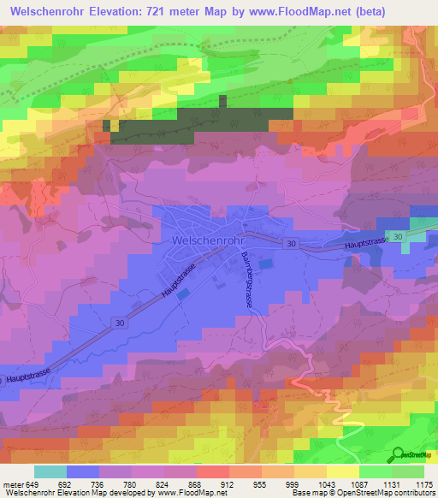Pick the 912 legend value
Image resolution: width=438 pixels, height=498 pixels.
228,483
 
